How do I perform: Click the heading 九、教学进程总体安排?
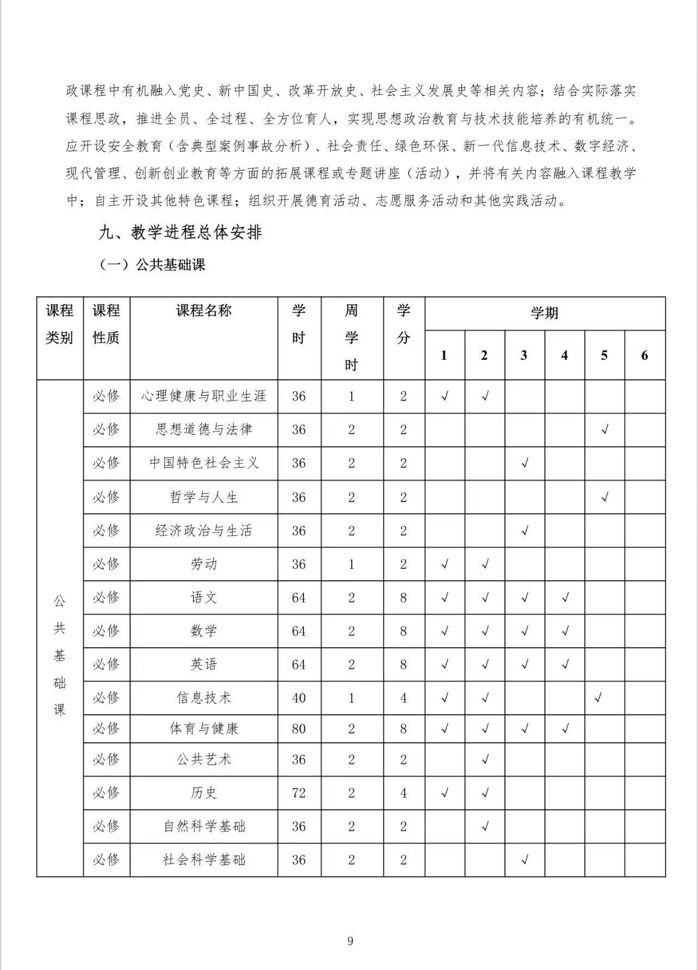pos(180,233)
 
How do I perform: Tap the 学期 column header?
pos(545,314)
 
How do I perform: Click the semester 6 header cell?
pos(645,355)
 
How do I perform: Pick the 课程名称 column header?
pos(204,311)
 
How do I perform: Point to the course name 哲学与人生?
pos(204,497)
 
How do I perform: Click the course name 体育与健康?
pos(204,729)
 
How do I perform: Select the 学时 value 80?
pos(299,729)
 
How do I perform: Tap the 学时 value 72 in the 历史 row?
pos(299,793)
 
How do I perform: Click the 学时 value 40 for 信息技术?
pos(299,698)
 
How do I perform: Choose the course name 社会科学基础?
pos(204,860)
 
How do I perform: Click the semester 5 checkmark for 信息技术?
pos(599,697)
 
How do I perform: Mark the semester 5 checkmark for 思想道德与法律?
pos(604,430)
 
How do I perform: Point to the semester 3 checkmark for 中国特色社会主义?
pos(525,464)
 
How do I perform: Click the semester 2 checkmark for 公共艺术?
pos(485,759)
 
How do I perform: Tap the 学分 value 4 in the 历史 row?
pos(403,793)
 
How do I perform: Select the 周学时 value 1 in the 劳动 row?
pos(352,564)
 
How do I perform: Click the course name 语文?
pos(204,598)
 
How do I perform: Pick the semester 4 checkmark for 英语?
pos(565,664)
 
